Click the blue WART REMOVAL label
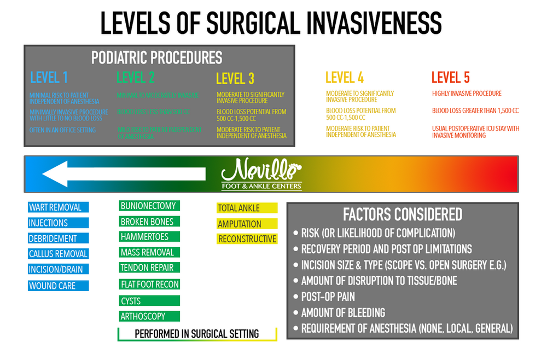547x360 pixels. point(58,207)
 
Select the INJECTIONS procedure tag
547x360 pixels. point(58,223)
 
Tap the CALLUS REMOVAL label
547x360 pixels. point(58,254)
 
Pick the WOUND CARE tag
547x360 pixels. point(58,286)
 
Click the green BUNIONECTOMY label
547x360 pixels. point(149,206)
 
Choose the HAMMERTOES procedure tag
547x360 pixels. point(149,237)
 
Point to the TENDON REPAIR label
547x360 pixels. point(149,268)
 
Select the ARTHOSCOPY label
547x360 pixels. point(149,316)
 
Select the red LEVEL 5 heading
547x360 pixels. point(450,77)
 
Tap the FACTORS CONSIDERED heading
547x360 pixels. point(402,214)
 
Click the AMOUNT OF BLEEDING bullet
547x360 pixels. point(343,312)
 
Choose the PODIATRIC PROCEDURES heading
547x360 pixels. point(156,57)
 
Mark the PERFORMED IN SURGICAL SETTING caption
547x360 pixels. point(197,334)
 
